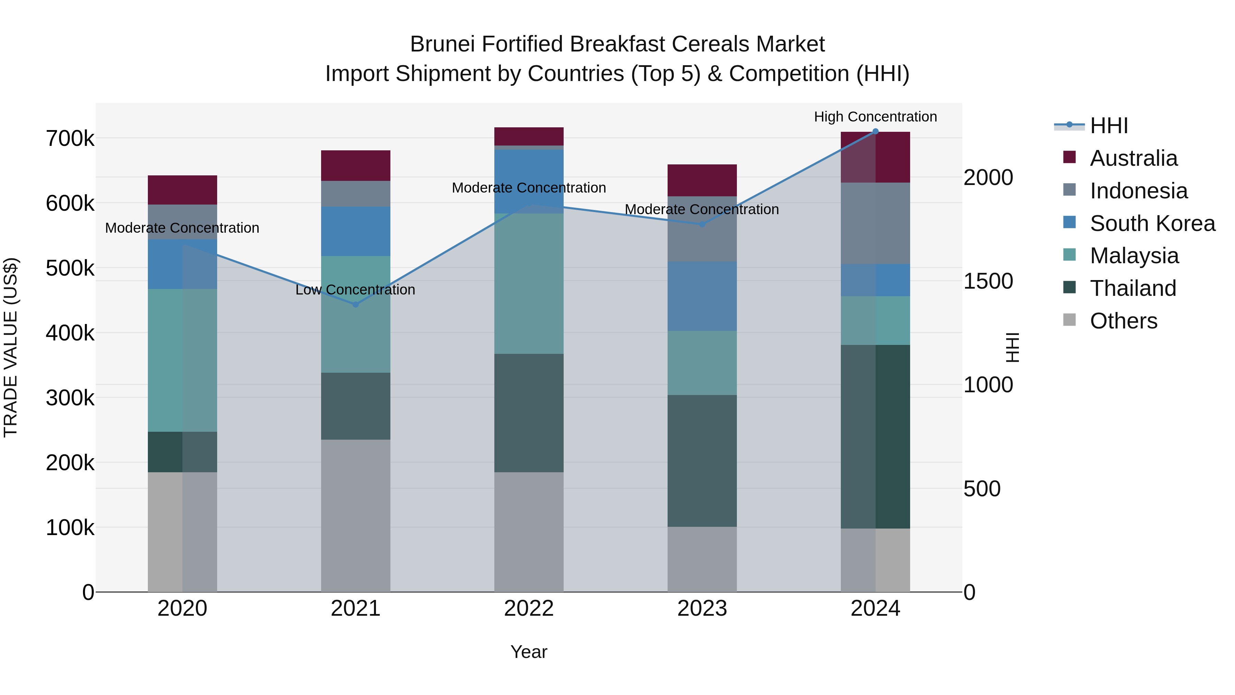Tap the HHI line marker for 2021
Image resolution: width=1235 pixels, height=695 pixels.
click(356, 304)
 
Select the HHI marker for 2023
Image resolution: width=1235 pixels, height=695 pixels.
click(702, 224)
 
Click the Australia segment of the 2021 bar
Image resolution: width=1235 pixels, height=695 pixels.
click(356, 165)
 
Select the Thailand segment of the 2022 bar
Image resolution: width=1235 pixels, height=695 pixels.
click(529, 413)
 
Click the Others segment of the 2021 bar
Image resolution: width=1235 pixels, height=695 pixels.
click(356, 516)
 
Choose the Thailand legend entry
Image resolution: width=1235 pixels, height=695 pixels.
click(1133, 288)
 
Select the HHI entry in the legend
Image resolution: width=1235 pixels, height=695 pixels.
click(1108, 126)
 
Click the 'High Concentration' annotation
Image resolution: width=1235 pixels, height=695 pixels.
click(875, 117)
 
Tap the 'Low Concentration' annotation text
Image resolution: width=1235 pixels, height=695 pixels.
click(355, 290)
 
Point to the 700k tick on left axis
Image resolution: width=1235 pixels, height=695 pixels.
click(70, 139)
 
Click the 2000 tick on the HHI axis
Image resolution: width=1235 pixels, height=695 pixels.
click(988, 177)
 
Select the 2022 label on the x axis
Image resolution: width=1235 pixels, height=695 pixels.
click(529, 609)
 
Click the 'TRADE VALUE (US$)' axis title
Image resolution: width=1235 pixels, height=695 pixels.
click(11, 347)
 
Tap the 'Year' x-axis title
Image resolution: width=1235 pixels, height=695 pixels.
click(529, 652)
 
